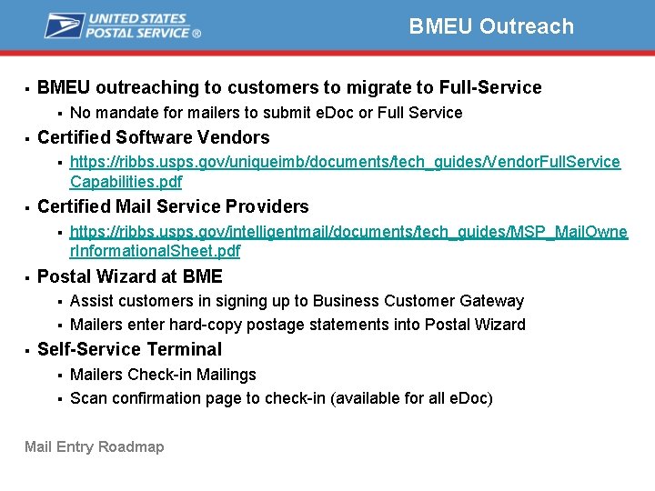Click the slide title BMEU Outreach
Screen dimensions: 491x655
tap(491, 26)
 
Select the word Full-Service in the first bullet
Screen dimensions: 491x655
tap(490, 87)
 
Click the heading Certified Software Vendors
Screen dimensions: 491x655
tap(153, 137)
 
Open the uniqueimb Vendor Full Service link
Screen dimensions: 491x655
tap(345, 162)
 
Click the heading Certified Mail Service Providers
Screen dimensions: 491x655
tap(173, 206)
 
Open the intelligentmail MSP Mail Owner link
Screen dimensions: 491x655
tap(348, 232)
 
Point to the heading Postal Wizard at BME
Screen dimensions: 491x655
tap(129, 276)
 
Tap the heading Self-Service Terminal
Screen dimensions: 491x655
tap(129, 349)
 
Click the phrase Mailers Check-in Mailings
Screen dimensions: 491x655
tap(163, 375)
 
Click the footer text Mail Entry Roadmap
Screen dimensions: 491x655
tap(95, 446)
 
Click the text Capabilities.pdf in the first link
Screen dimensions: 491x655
tap(126, 181)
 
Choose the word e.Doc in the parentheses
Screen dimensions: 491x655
tap(469, 398)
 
